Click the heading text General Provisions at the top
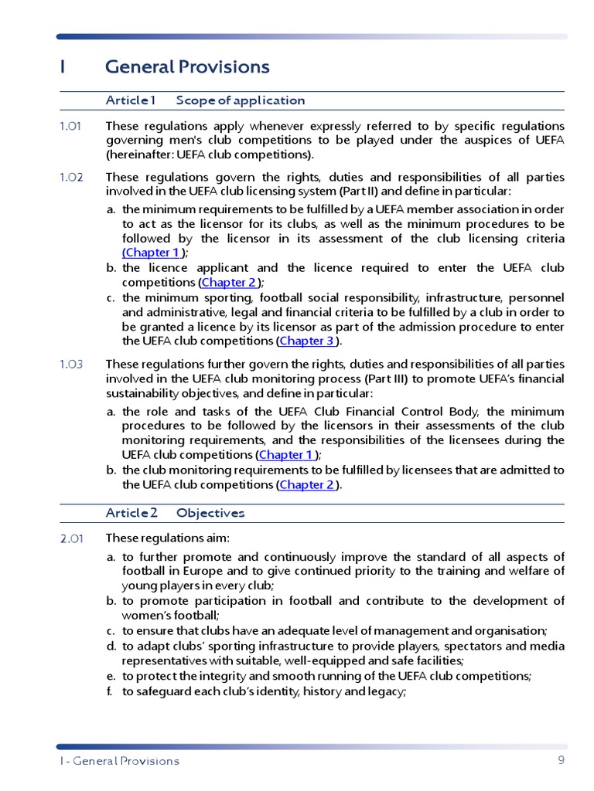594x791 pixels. pos(187,67)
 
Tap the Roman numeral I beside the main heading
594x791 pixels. pos(62,67)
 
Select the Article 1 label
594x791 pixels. pos(131,100)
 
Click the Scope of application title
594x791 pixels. pos(240,100)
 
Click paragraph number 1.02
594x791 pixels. pos(71,177)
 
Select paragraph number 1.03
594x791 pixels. pos(71,364)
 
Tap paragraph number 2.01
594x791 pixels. pos(71,538)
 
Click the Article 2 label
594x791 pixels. pos(131,513)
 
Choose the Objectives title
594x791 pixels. pos(210,513)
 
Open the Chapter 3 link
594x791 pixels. pos(306,341)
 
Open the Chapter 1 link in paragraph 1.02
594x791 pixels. pos(152,253)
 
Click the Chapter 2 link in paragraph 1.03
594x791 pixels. pos(306,485)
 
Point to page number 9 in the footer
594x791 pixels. pos(561,760)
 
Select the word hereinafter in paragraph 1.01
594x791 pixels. pos(136,154)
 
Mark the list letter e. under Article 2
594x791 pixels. pos(111,676)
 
